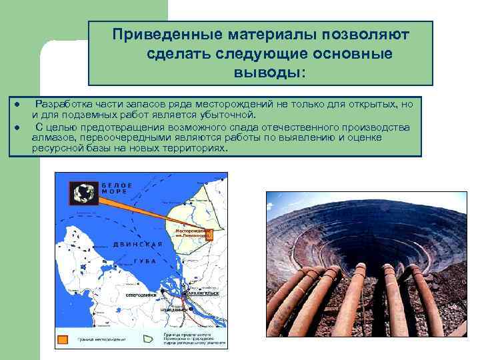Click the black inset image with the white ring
pos(84,193)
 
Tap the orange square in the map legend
pos(63,340)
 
